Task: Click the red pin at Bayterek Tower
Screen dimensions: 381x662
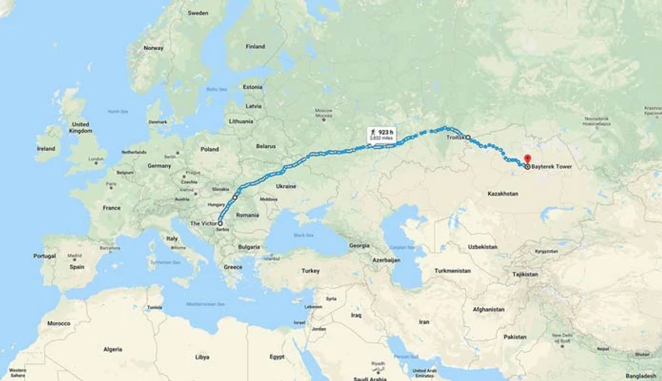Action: click(526, 158)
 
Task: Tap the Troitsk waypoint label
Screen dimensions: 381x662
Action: click(456, 136)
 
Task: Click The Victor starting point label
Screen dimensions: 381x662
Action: click(203, 223)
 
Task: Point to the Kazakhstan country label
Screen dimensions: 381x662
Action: click(502, 192)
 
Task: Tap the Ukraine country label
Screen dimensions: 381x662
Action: click(286, 186)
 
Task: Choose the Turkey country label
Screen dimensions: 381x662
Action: click(311, 270)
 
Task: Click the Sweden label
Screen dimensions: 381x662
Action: click(198, 13)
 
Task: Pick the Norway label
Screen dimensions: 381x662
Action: click(153, 48)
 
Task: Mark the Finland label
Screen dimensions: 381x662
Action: click(255, 46)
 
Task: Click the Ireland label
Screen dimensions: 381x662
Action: click(46, 147)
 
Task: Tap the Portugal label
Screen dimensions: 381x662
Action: click(44, 256)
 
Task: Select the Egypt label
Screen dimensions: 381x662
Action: click(276, 356)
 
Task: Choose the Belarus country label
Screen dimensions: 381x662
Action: click(266, 146)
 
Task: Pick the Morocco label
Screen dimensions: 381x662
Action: click(58, 323)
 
